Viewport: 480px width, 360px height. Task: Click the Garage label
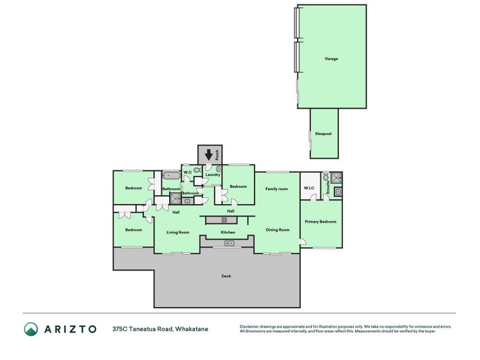coord(331,59)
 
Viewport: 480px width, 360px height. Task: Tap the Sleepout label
coord(323,133)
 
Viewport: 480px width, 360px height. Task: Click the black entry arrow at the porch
coord(208,154)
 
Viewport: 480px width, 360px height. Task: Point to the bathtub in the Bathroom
coord(171,176)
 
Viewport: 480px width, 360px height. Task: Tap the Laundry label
coord(212,175)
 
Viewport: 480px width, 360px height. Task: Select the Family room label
coord(277,189)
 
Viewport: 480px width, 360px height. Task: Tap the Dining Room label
coord(278,230)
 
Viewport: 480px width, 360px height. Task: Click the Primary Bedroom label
coord(320,221)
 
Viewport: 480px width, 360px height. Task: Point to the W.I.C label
coord(309,188)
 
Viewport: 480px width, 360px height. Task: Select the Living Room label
coord(178,232)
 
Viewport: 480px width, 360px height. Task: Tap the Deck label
coord(226,276)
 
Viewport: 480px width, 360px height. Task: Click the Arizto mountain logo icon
coord(31,329)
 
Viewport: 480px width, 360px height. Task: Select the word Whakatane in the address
coord(191,329)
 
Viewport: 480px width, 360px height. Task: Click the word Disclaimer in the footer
coord(251,326)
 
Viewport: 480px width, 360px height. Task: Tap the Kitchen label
coord(227,232)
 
